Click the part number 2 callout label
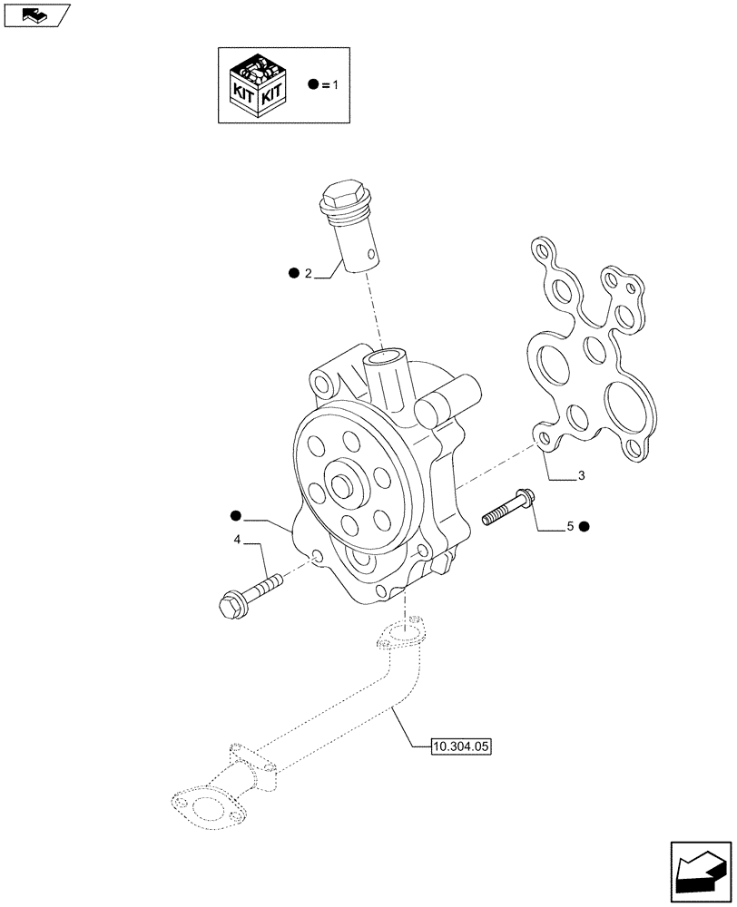(x=308, y=273)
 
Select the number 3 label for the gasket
(x=581, y=475)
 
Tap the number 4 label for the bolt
(x=237, y=541)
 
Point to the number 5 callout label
(x=570, y=526)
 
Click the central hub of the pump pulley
(x=346, y=484)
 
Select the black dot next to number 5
(x=585, y=526)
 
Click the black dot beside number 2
(x=293, y=273)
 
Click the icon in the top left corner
(x=35, y=15)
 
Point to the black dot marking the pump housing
(x=237, y=516)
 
